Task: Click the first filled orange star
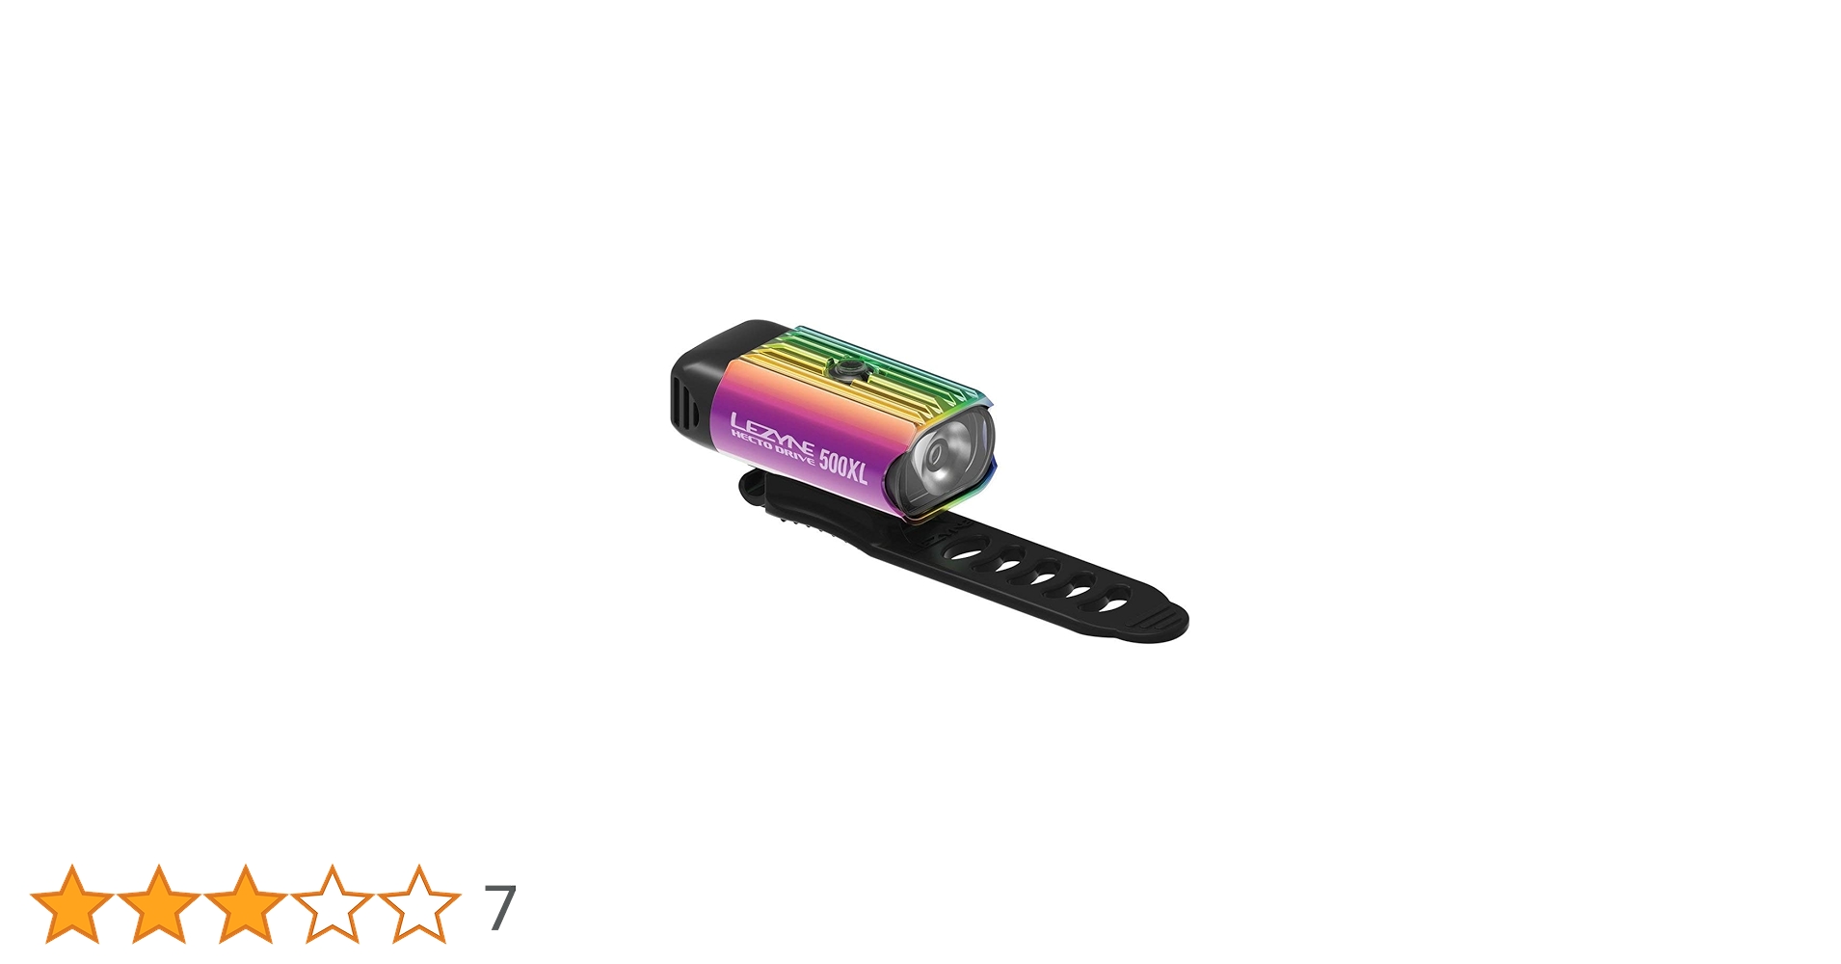pos(72,904)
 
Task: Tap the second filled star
pos(159,904)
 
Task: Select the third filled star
pos(246,904)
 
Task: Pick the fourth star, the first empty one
pos(333,904)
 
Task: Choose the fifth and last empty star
pos(419,904)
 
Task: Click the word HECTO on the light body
pos(752,440)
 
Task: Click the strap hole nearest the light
pos(967,552)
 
